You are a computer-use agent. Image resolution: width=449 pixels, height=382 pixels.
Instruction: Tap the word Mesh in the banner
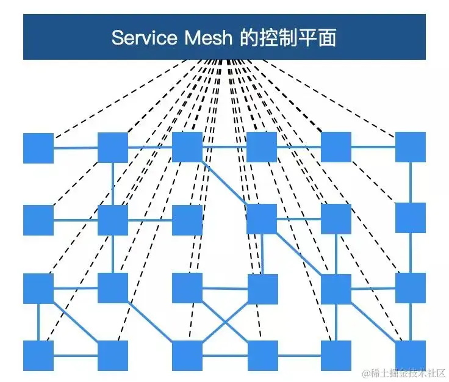pos(209,38)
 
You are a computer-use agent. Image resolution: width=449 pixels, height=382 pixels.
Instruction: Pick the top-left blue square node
pos(38,148)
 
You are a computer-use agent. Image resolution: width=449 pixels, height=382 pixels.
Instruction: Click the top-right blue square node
pos(411,147)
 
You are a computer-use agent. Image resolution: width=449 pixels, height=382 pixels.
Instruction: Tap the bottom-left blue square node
pos(38,356)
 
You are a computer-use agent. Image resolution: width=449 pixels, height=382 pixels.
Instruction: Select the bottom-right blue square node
pos(411,356)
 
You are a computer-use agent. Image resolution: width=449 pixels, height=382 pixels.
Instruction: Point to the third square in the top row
pos(187,147)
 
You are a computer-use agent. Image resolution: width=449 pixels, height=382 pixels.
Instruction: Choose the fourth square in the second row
pos(262,219)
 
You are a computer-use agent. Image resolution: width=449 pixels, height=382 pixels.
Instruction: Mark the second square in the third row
pos(113,288)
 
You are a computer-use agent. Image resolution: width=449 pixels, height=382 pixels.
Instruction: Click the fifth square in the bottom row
pos(336,356)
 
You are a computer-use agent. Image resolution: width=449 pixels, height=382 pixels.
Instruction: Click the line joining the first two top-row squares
pos(76,148)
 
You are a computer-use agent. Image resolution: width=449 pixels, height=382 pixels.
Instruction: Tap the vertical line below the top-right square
pos(411,182)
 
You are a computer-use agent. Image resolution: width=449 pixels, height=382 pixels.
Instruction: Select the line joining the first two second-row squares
pos(76,220)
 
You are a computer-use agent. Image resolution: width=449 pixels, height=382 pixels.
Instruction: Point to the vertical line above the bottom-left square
pos(38,322)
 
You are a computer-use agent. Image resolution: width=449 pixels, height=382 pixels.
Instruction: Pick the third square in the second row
pos(187,220)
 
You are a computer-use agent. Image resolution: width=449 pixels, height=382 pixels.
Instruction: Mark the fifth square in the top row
pos(336,147)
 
